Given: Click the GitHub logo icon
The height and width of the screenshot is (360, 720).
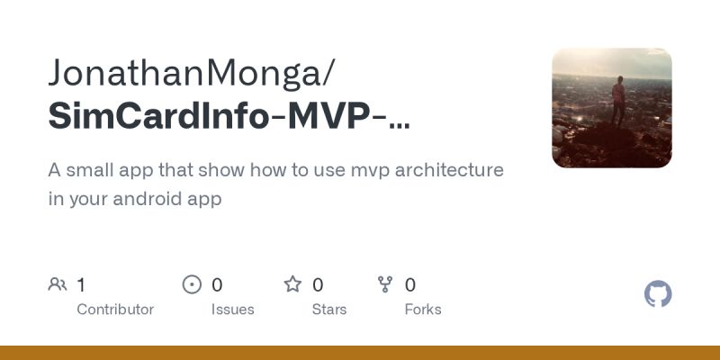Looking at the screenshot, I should [658, 294].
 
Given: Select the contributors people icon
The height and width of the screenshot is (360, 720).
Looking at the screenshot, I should [58, 285].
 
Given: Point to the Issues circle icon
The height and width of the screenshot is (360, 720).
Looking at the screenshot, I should [192, 285].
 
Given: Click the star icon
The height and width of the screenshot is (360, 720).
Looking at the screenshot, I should [292, 285].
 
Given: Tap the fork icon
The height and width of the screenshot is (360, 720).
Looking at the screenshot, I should [385, 285].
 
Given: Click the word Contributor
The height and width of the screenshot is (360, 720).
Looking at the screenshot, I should [115, 310].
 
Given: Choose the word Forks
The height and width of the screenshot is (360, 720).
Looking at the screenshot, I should [423, 310].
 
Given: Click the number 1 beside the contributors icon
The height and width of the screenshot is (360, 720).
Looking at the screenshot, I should [81, 285].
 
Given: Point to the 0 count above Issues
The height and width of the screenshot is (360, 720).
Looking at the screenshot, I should [217, 285].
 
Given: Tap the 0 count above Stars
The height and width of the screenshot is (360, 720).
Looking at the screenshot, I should [318, 285].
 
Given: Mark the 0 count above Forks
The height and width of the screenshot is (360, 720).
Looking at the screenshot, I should [410, 285].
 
